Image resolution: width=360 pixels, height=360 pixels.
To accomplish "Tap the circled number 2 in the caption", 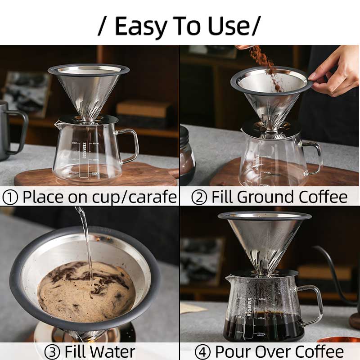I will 199,197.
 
